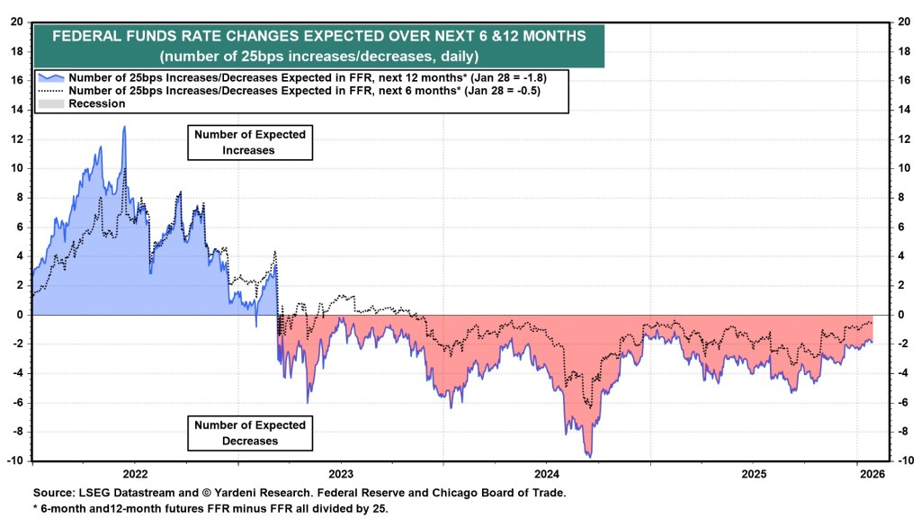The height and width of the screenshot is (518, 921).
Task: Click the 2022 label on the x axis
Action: click(135, 473)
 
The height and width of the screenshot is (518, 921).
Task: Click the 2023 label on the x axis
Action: click(341, 473)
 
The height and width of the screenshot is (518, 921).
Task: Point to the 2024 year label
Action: click(548, 473)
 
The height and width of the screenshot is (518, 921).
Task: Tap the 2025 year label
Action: click(754, 473)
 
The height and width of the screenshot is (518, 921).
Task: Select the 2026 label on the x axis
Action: click(870, 473)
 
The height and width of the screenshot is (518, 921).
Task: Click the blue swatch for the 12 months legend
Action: click(50, 78)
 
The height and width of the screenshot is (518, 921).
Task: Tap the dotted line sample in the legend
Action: click(50, 91)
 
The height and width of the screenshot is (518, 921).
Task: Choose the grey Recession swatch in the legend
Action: click(50, 103)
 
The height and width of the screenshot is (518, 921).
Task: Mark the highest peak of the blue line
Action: click(124, 127)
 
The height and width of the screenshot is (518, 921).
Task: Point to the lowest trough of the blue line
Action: click(589, 457)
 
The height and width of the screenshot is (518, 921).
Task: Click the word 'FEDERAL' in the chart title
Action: click(89, 37)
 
